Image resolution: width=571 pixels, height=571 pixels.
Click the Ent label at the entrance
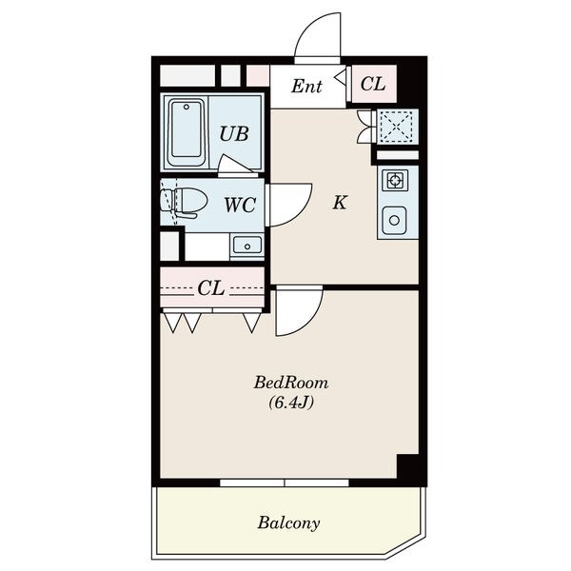[306, 87]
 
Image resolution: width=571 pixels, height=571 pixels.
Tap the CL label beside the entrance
[373, 84]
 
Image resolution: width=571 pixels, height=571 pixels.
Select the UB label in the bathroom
[234, 133]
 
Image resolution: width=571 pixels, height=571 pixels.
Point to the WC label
[240, 205]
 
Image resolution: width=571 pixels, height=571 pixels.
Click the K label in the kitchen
[340, 202]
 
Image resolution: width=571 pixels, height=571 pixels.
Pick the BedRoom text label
[291, 384]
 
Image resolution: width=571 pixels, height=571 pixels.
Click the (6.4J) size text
[291, 403]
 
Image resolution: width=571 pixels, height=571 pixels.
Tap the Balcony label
[288, 522]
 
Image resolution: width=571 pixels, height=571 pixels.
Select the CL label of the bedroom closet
[211, 288]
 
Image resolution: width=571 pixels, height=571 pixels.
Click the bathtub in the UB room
[187, 132]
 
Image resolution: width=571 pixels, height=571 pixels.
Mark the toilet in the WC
[184, 202]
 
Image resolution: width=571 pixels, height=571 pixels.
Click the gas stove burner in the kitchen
[395, 180]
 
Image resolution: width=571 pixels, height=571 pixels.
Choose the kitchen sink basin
[394, 221]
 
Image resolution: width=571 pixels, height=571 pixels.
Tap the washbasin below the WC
[247, 246]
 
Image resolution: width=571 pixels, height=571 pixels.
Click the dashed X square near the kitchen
[396, 127]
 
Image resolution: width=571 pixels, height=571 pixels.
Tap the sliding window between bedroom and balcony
[285, 482]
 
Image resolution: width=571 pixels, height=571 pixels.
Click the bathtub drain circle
[187, 107]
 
